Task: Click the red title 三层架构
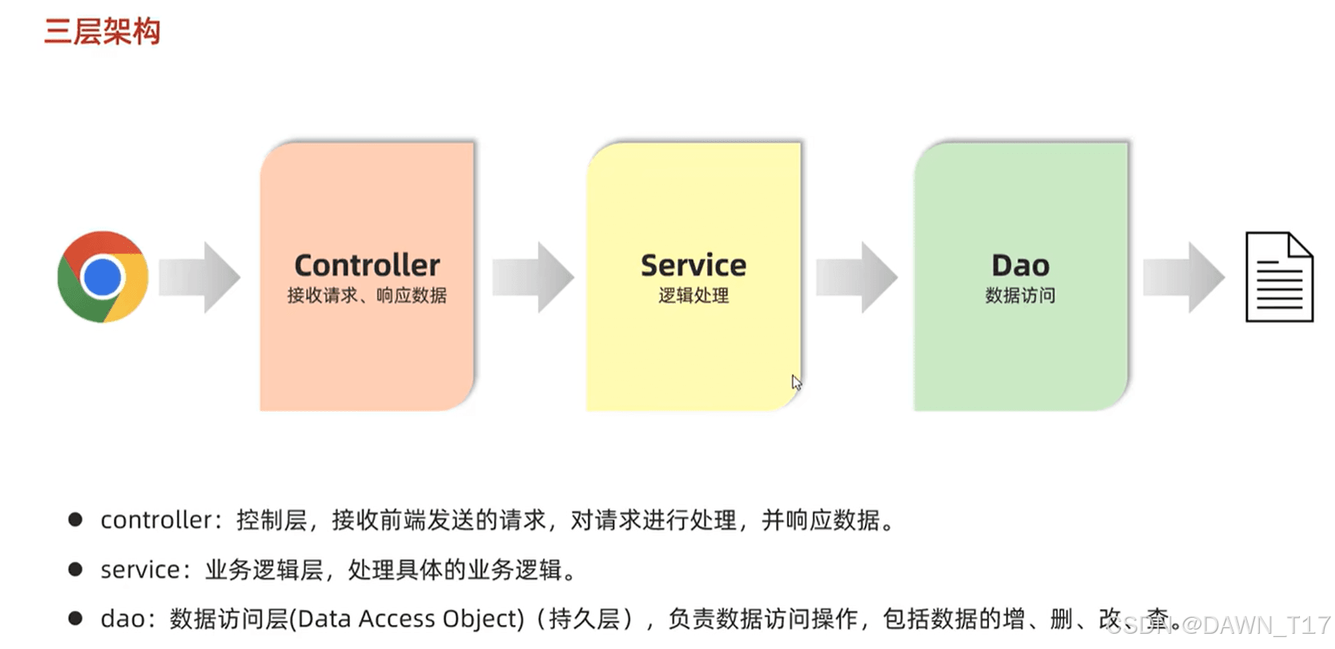click(103, 31)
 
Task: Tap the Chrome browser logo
click(103, 276)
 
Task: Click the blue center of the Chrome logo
click(103, 277)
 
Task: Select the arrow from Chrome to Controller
click(199, 277)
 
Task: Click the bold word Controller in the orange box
click(367, 265)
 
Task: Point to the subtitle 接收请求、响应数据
click(367, 296)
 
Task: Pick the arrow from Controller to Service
click(533, 277)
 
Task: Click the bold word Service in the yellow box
click(694, 265)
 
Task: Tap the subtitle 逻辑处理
click(694, 296)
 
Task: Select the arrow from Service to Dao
click(857, 277)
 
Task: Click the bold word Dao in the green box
click(1020, 265)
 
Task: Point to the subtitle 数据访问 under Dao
click(1020, 296)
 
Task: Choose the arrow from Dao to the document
click(1184, 277)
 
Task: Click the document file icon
click(1280, 276)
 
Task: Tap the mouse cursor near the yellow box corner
click(796, 381)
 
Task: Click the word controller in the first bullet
click(156, 520)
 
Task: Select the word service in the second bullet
click(140, 570)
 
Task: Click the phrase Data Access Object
click(411, 619)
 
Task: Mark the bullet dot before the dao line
click(75, 619)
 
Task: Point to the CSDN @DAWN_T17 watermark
click(1218, 625)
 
